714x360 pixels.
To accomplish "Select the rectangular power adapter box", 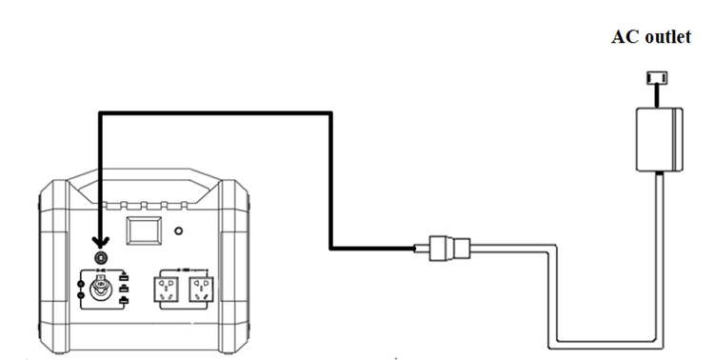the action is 659,139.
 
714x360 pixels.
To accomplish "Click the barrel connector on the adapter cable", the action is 447,249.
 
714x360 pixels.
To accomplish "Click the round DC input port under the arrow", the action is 100,257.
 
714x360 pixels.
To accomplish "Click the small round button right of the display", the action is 181,230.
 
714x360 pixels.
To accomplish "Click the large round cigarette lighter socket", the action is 99,289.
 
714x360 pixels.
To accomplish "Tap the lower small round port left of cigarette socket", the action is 80,296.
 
